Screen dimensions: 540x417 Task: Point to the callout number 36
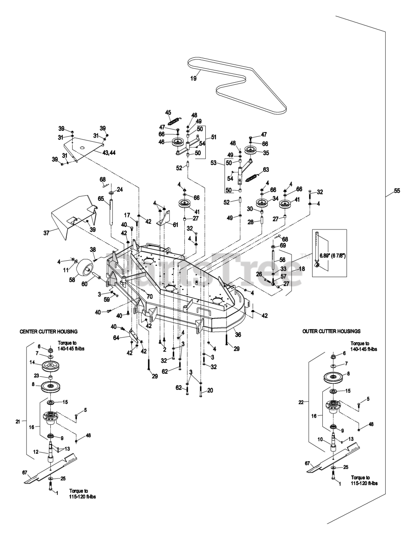click(x=238, y=335)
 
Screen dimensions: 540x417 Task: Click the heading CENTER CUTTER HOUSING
click(x=49, y=332)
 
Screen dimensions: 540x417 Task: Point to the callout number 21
click(x=17, y=421)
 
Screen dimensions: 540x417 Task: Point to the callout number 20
click(x=210, y=390)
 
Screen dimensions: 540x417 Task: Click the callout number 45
click(x=168, y=112)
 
